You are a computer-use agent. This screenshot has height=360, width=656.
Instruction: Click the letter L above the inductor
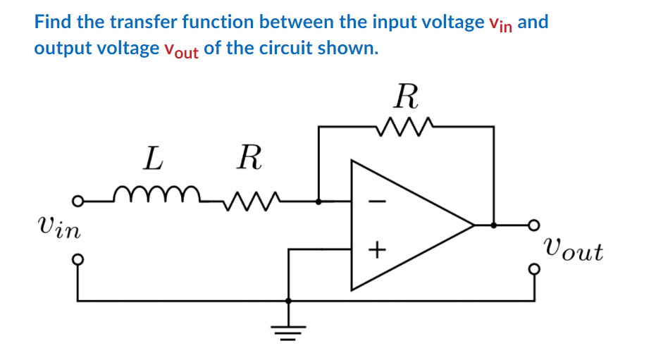tap(152, 159)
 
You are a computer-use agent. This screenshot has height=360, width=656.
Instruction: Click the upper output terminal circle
tap(534, 225)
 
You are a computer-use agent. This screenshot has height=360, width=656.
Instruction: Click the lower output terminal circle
tap(534, 269)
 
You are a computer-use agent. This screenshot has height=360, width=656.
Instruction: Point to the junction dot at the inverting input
tap(319, 201)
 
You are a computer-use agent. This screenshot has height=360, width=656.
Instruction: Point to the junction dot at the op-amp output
tap(493, 225)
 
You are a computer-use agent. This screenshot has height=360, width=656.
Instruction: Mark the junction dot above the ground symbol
tap(288, 301)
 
